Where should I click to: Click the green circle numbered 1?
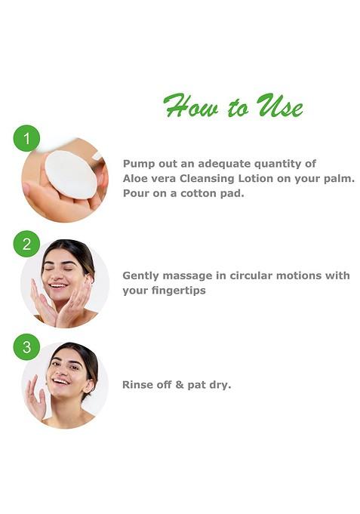tap(26, 138)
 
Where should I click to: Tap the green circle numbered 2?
tap(26, 243)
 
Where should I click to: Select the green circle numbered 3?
tap(26, 346)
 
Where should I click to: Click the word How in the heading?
tap(188, 106)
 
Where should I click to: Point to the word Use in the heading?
tap(280, 106)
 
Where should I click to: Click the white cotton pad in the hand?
tap(70, 175)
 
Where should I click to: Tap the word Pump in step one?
tap(139, 164)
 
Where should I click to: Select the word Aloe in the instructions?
tap(136, 178)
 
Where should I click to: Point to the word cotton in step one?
tap(198, 192)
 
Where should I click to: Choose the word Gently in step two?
tap(141, 276)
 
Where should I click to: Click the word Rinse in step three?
tap(138, 384)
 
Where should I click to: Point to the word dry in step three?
tap(220, 385)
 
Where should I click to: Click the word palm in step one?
tap(339, 178)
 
